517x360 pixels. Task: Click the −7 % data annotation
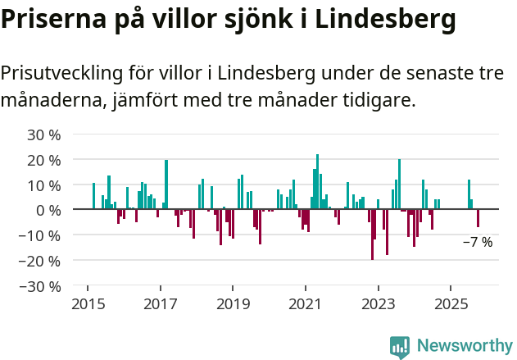click(x=478, y=242)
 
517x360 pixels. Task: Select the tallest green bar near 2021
click(x=318, y=181)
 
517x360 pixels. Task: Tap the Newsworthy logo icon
click(x=400, y=347)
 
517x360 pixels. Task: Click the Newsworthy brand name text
click(x=464, y=346)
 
